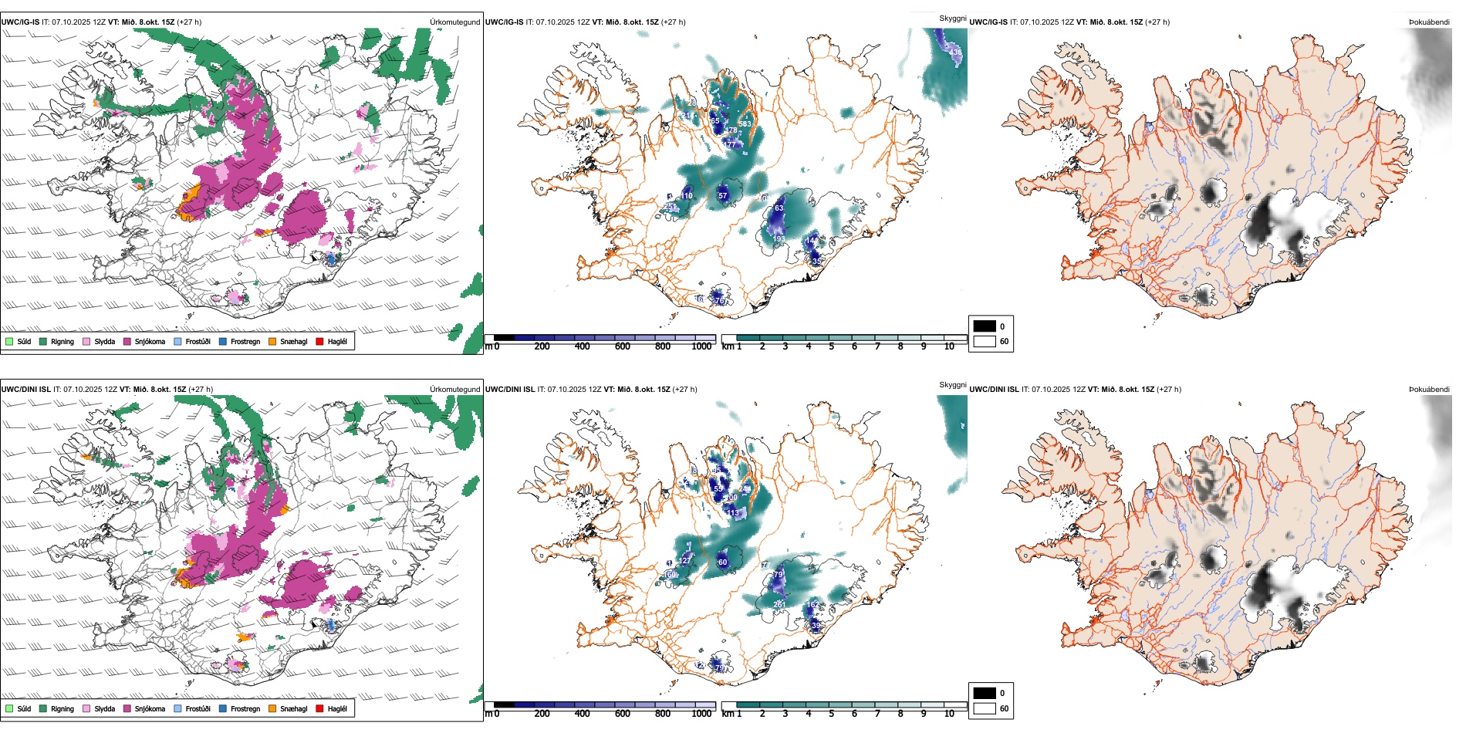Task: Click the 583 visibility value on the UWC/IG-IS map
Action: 745,123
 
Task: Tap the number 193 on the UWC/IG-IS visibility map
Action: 779,239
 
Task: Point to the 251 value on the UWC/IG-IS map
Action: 671,207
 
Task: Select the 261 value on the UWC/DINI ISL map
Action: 779,604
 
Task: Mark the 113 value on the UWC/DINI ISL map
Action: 733,512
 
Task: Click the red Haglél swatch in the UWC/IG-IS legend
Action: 319,341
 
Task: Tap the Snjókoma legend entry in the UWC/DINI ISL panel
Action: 150,708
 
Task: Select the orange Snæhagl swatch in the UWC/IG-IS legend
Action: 272,341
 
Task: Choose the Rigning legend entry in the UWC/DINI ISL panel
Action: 62,708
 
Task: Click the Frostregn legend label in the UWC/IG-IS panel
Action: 245,341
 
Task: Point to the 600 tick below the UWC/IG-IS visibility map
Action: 622,346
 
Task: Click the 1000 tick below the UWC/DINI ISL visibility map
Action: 701,714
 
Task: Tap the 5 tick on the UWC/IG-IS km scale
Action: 831,346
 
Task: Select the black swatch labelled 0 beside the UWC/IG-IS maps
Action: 985,326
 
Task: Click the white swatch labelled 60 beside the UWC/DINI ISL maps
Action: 985,708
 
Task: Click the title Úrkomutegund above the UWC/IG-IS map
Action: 454,22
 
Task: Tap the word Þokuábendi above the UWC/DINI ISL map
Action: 1429,390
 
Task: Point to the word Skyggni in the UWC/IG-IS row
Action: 952,19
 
